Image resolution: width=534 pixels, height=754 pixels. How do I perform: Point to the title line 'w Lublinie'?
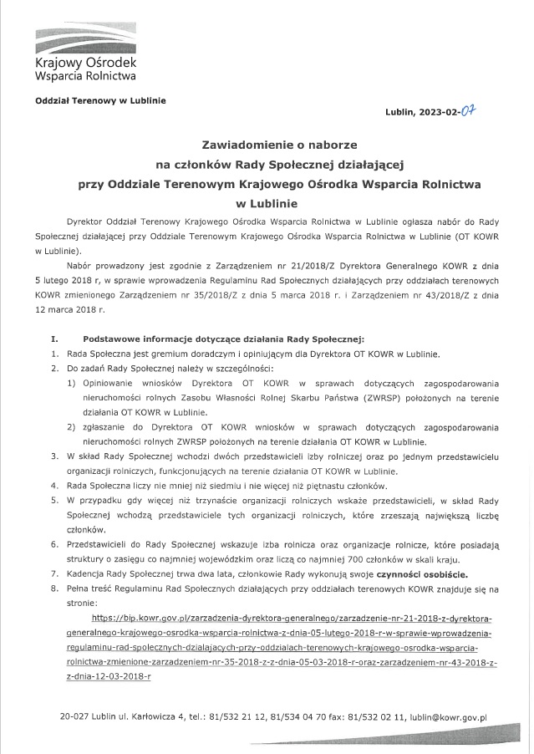coord(267,201)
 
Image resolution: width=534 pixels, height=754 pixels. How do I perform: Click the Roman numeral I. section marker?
coord(55,339)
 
